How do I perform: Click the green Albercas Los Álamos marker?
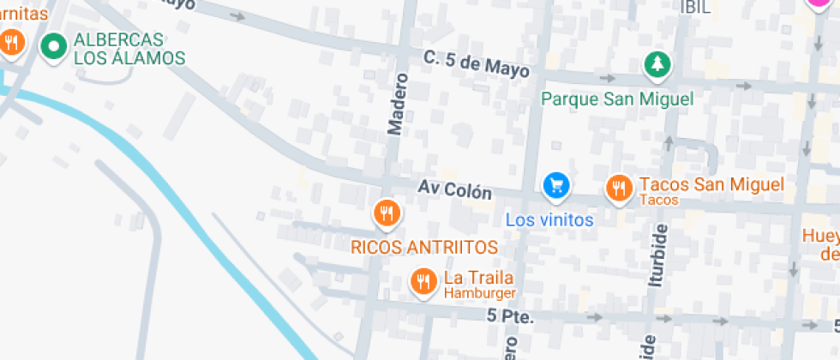tap(55, 46)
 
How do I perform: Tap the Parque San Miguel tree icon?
tap(657, 64)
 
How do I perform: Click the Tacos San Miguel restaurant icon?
tap(619, 188)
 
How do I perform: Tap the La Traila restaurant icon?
tap(423, 280)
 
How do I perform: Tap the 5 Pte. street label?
tap(510, 316)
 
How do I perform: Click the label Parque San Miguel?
tap(617, 99)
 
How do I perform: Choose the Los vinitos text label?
tap(549, 219)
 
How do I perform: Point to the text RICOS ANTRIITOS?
tap(424, 247)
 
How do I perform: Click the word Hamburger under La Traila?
tap(479, 293)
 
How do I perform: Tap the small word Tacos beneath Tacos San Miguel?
tap(659, 201)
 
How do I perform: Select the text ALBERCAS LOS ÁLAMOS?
tap(129, 49)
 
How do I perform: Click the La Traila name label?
tap(478, 278)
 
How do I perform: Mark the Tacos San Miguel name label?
tap(711, 184)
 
